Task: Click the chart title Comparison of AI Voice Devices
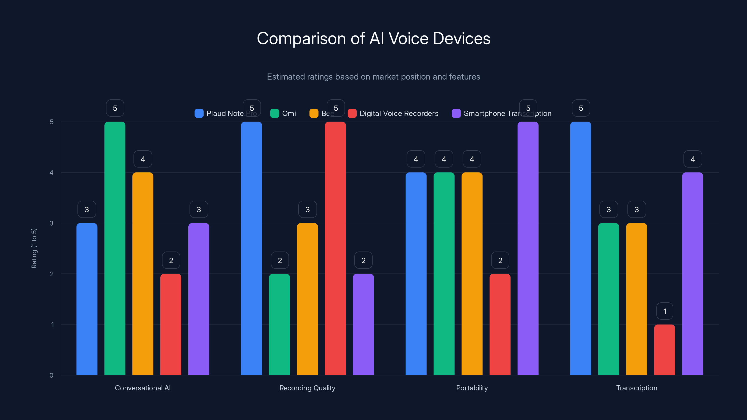(373, 38)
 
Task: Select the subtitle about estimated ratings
(373, 77)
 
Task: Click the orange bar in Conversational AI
(143, 274)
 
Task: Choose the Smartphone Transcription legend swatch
(456, 113)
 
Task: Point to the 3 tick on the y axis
(52, 223)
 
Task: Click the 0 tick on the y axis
(52, 375)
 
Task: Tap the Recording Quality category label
(307, 388)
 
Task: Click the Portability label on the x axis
(472, 388)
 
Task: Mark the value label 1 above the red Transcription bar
(665, 311)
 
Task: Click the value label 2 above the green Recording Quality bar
(280, 260)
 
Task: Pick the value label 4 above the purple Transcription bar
(692, 159)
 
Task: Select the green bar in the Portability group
(444, 274)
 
